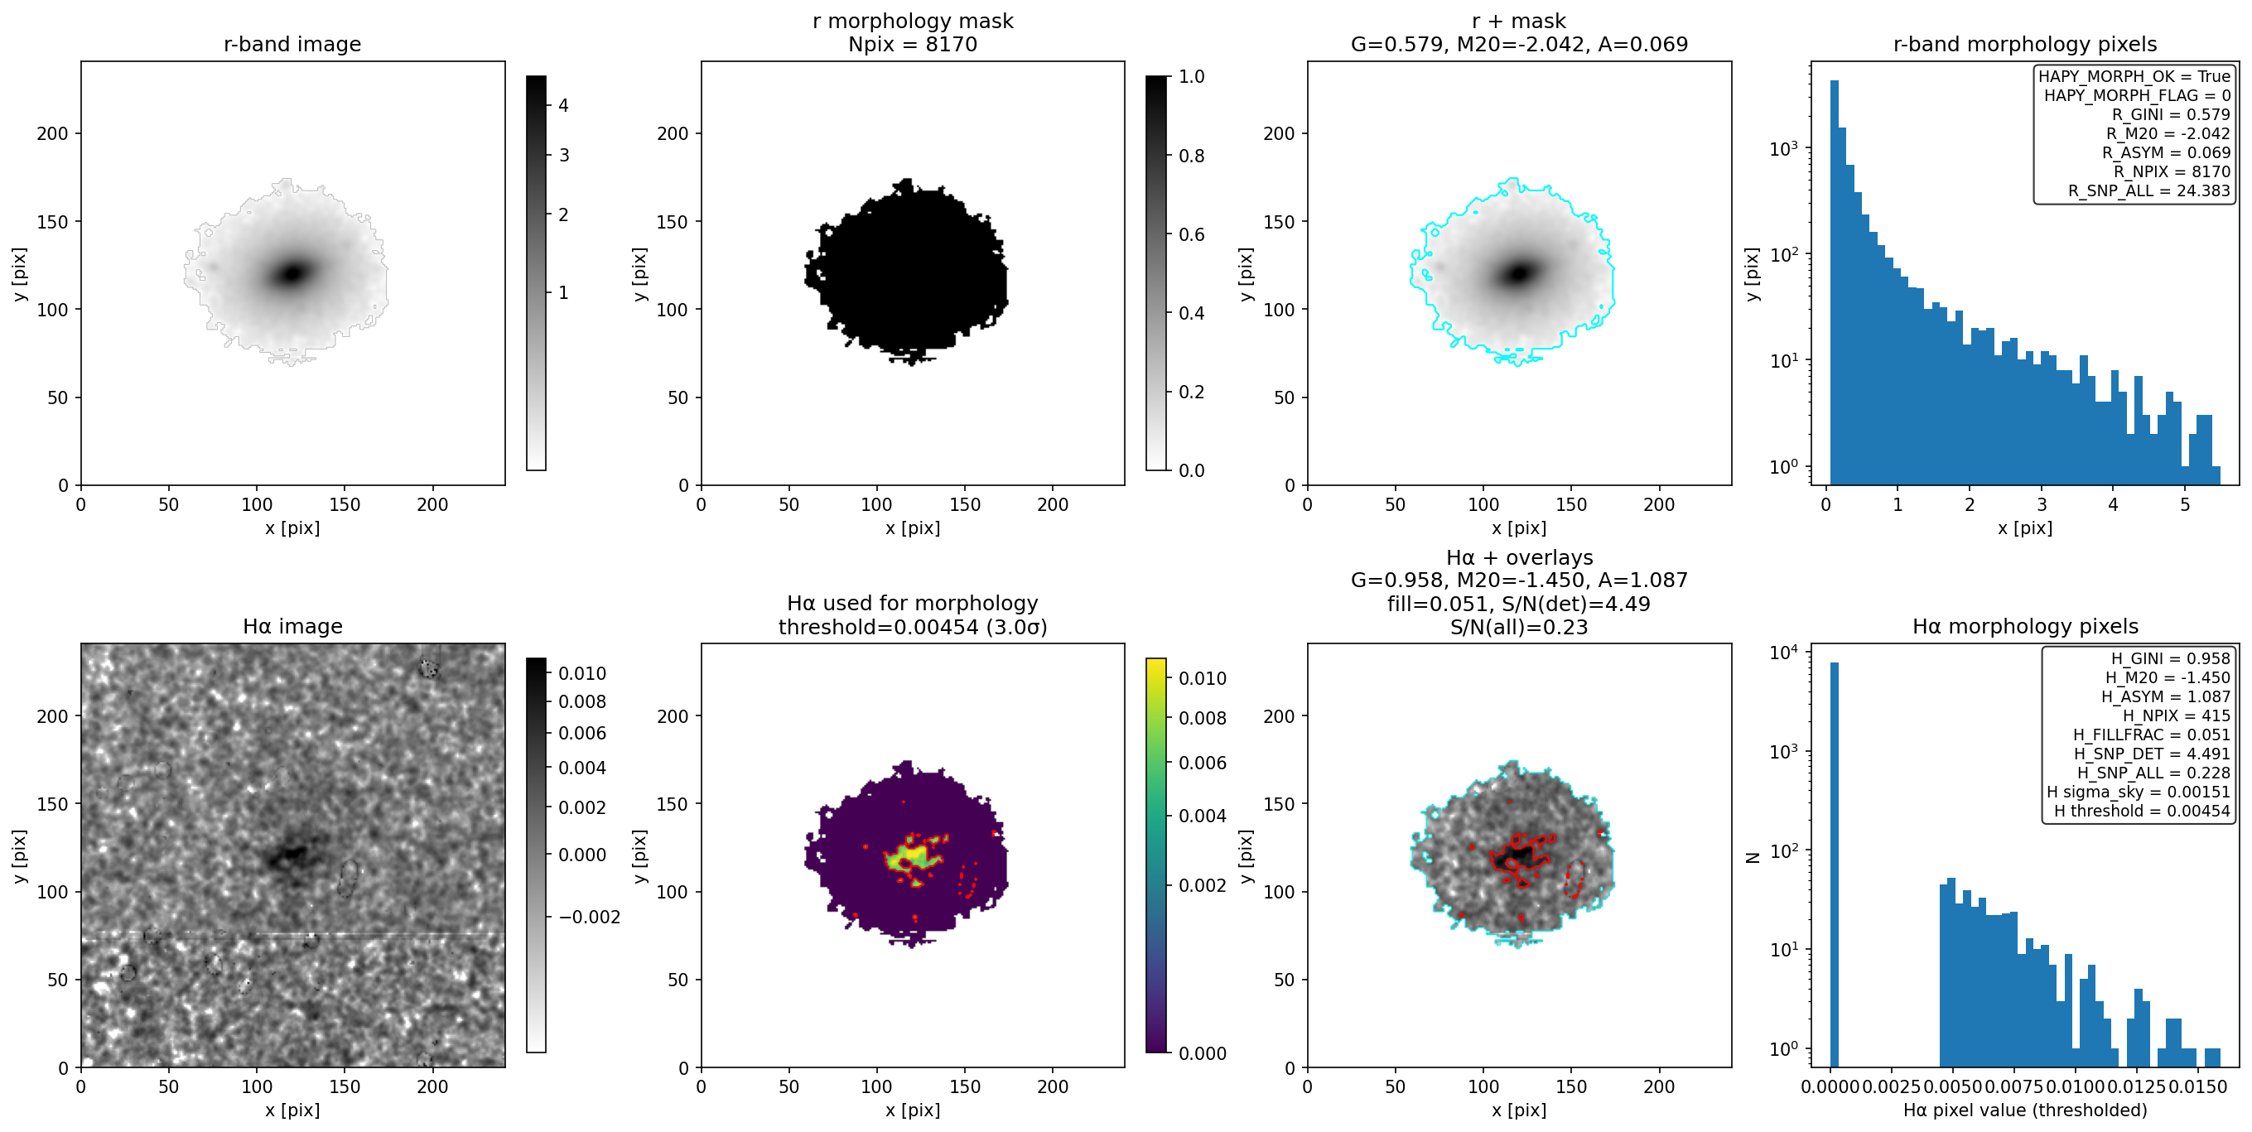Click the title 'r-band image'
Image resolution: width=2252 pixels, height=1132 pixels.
coord(292,44)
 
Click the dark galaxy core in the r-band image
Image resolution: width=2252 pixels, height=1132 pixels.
coord(292,273)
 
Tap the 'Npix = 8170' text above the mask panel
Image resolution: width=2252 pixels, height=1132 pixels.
coord(912,44)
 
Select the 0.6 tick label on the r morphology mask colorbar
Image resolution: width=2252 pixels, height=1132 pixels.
coord(1191,234)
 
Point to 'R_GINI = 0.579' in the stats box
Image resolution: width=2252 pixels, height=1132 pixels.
coord(2171,114)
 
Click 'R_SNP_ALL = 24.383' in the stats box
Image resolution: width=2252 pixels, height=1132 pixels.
coord(2148,190)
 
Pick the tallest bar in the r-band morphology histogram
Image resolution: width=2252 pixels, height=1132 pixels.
coord(1834,282)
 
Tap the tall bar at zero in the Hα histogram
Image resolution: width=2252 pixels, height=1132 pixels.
coord(1834,865)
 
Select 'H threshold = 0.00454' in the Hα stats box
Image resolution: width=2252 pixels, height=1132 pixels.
coord(2142,812)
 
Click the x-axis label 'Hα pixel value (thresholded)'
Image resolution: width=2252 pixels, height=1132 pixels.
coord(2025,1110)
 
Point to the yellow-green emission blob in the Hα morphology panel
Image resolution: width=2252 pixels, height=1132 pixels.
coord(910,855)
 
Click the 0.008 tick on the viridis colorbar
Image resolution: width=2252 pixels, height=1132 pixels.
coord(1202,718)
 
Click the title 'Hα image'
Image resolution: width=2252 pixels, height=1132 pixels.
coord(292,626)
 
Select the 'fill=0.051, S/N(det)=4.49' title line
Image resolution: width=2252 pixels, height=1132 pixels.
coord(1518,604)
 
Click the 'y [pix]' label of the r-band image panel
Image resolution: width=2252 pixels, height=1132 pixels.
coord(19,273)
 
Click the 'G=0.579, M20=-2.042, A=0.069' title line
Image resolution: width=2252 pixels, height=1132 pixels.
coord(1518,44)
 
